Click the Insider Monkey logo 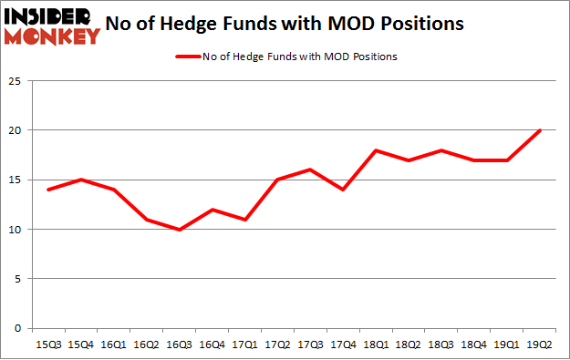click(51, 25)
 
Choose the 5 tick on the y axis click(18, 279)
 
